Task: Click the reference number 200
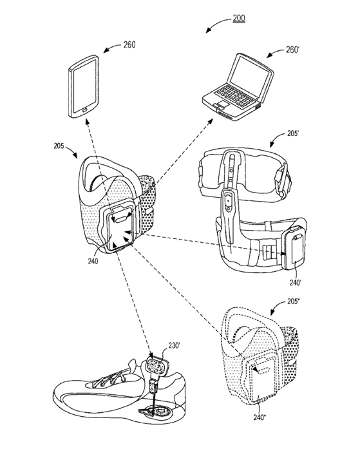[x=239, y=18]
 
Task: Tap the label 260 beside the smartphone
[x=129, y=44]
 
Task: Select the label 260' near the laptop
[x=292, y=50]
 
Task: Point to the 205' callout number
[x=293, y=133]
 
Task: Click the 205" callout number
[x=293, y=302]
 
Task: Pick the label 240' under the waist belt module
[x=296, y=283]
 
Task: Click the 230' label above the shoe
[x=174, y=346]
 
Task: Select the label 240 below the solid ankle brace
[x=93, y=261]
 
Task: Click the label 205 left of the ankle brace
[x=59, y=146]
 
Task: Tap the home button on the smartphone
[x=84, y=110]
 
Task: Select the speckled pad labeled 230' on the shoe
[x=156, y=366]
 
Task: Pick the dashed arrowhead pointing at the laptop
[x=211, y=122]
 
